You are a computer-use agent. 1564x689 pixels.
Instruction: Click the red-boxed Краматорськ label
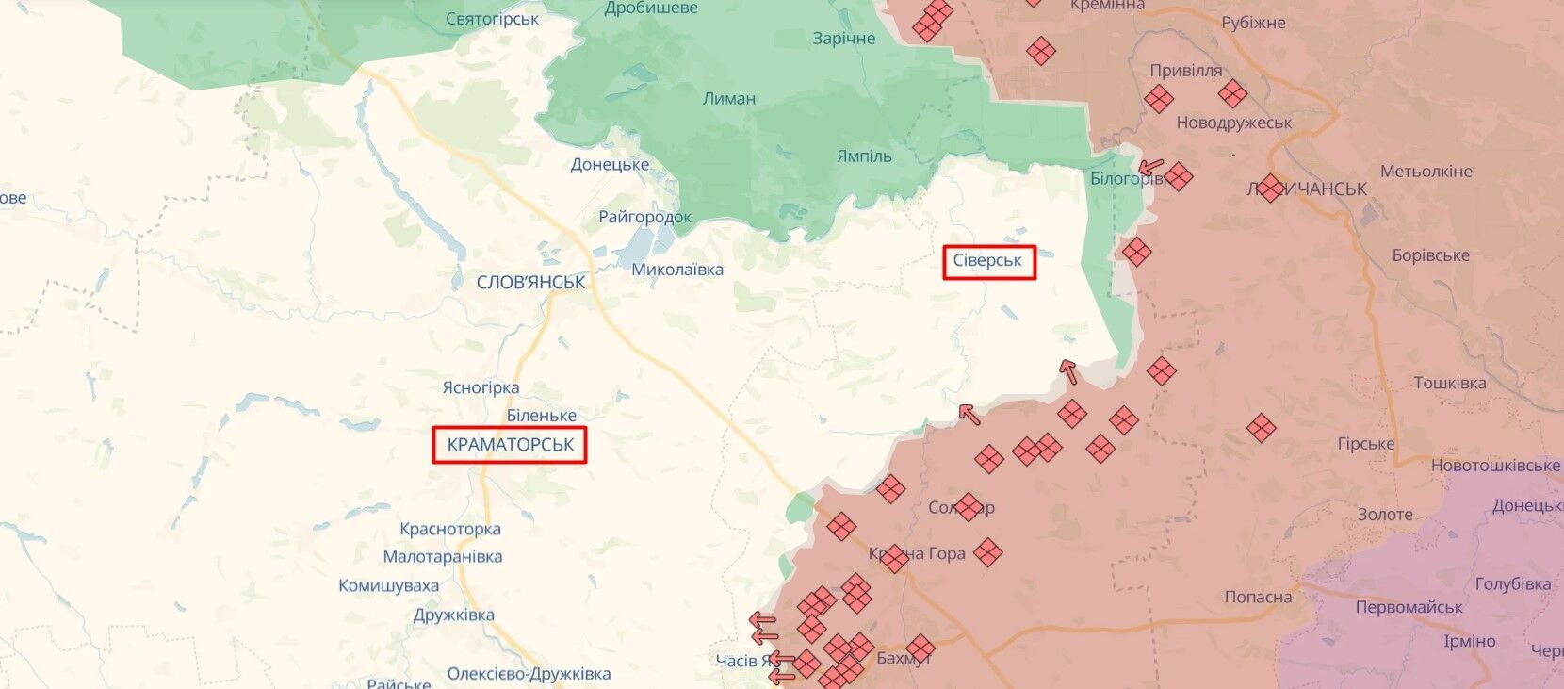[x=510, y=445]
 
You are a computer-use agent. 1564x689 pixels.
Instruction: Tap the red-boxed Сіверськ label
[x=987, y=261]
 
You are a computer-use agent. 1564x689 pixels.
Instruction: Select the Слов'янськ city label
[x=530, y=282]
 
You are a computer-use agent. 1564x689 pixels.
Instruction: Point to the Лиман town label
[x=729, y=98]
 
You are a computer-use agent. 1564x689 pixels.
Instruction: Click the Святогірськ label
[x=492, y=19]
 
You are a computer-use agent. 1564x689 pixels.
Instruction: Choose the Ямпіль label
[x=864, y=156]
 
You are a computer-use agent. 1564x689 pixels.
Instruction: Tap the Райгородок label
[x=644, y=217]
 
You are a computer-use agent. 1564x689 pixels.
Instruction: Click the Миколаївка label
[x=677, y=270]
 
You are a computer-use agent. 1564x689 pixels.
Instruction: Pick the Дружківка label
[x=453, y=615]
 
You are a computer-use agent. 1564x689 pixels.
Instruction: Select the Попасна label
[x=1258, y=598]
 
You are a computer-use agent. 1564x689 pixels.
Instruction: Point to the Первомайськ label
[x=1409, y=608]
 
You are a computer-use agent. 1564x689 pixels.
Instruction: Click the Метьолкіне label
[x=1426, y=172]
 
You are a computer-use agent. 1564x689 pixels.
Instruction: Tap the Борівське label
[x=1430, y=255]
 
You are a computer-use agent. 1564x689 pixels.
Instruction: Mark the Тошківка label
[x=1449, y=384]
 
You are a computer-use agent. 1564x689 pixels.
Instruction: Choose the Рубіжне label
[x=1253, y=23]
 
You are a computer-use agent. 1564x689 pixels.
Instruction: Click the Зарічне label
[x=844, y=39]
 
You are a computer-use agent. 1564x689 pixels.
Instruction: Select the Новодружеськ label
[x=1234, y=123]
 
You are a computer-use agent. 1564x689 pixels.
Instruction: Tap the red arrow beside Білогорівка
[x=1150, y=168]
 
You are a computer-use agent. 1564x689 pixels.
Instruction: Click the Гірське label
[x=1365, y=444]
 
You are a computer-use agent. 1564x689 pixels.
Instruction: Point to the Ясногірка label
[x=481, y=387]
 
